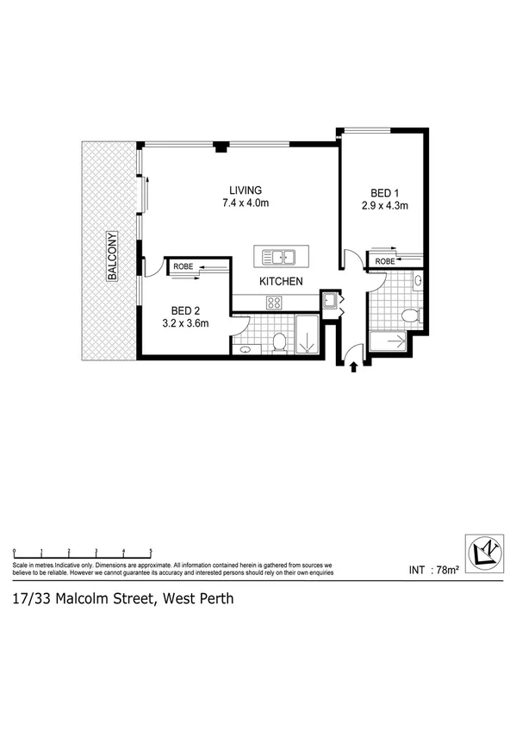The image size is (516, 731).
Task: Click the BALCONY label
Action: click(111, 256)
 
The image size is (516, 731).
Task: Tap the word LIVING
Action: click(246, 191)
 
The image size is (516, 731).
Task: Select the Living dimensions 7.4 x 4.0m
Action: click(246, 204)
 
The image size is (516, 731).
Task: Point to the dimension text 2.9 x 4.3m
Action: click(385, 206)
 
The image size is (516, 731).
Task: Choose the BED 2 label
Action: click(185, 310)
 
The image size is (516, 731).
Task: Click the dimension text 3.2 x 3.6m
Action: click(185, 324)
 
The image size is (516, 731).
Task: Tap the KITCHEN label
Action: click(282, 282)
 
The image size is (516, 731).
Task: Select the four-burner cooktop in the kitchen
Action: click(274, 302)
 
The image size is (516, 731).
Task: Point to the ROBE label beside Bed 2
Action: click(183, 266)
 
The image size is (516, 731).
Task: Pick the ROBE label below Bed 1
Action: click(384, 260)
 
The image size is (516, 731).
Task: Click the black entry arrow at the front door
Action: click(355, 366)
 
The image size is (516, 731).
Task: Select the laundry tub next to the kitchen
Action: click(329, 301)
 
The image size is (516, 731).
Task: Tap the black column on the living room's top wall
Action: click(221, 147)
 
